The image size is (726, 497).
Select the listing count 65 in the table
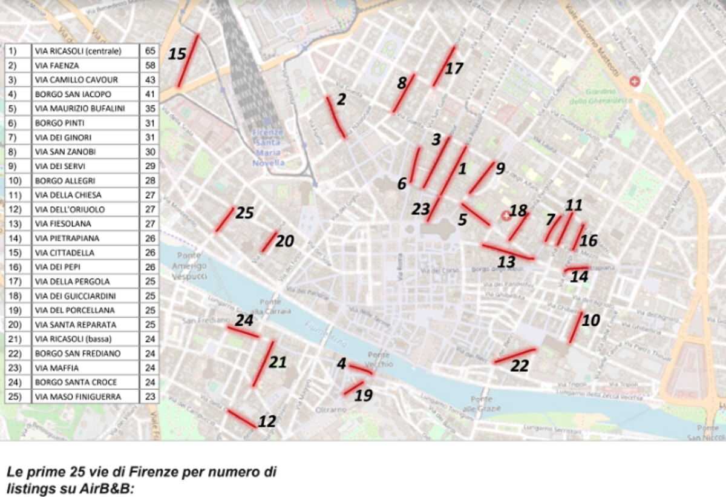coord(150,50)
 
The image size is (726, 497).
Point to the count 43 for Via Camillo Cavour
coord(150,79)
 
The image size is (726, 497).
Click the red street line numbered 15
coord(188,61)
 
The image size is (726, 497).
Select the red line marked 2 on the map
coord(335,117)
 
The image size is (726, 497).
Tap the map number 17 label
coord(454,68)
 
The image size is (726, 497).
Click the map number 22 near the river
coord(520,366)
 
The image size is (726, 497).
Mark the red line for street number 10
coord(575,327)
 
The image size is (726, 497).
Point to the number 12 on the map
coord(267,421)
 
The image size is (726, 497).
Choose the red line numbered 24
coord(242,332)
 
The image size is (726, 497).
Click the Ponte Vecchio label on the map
coord(379,360)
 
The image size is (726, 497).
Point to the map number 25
coord(244,213)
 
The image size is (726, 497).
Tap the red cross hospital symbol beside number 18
coord(506,215)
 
